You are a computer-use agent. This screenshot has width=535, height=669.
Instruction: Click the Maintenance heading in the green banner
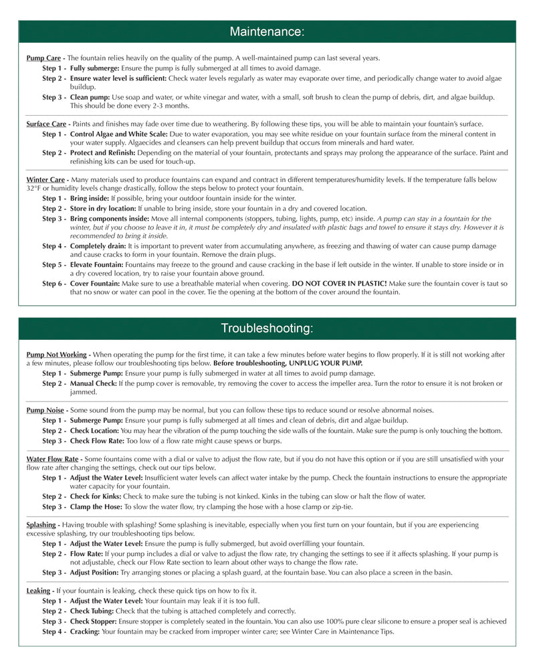tap(267, 31)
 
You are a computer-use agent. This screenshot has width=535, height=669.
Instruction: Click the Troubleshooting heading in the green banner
tap(267, 328)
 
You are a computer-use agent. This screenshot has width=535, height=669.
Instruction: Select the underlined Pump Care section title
tap(43, 59)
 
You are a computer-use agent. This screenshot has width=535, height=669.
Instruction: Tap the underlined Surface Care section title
tap(46, 124)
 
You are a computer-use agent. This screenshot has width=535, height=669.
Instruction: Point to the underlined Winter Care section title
tap(45, 180)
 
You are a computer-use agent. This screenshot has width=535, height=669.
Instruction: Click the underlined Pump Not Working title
tap(57, 355)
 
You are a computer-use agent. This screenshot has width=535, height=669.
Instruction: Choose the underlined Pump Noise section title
tap(45, 410)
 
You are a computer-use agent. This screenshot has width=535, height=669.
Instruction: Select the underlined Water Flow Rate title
tap(52, 460)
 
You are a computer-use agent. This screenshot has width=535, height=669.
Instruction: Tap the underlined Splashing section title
tap(41, 525)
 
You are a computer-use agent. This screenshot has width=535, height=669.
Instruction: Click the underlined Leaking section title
tap(38, 591)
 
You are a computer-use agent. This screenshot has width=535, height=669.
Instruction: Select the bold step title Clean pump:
tap(90, 98)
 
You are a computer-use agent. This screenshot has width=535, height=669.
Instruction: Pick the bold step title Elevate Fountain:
tap(98, 265)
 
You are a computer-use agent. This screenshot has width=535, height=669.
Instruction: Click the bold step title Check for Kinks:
tap(96, 496)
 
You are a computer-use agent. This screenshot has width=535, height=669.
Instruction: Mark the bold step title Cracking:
tap(85, 632)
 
